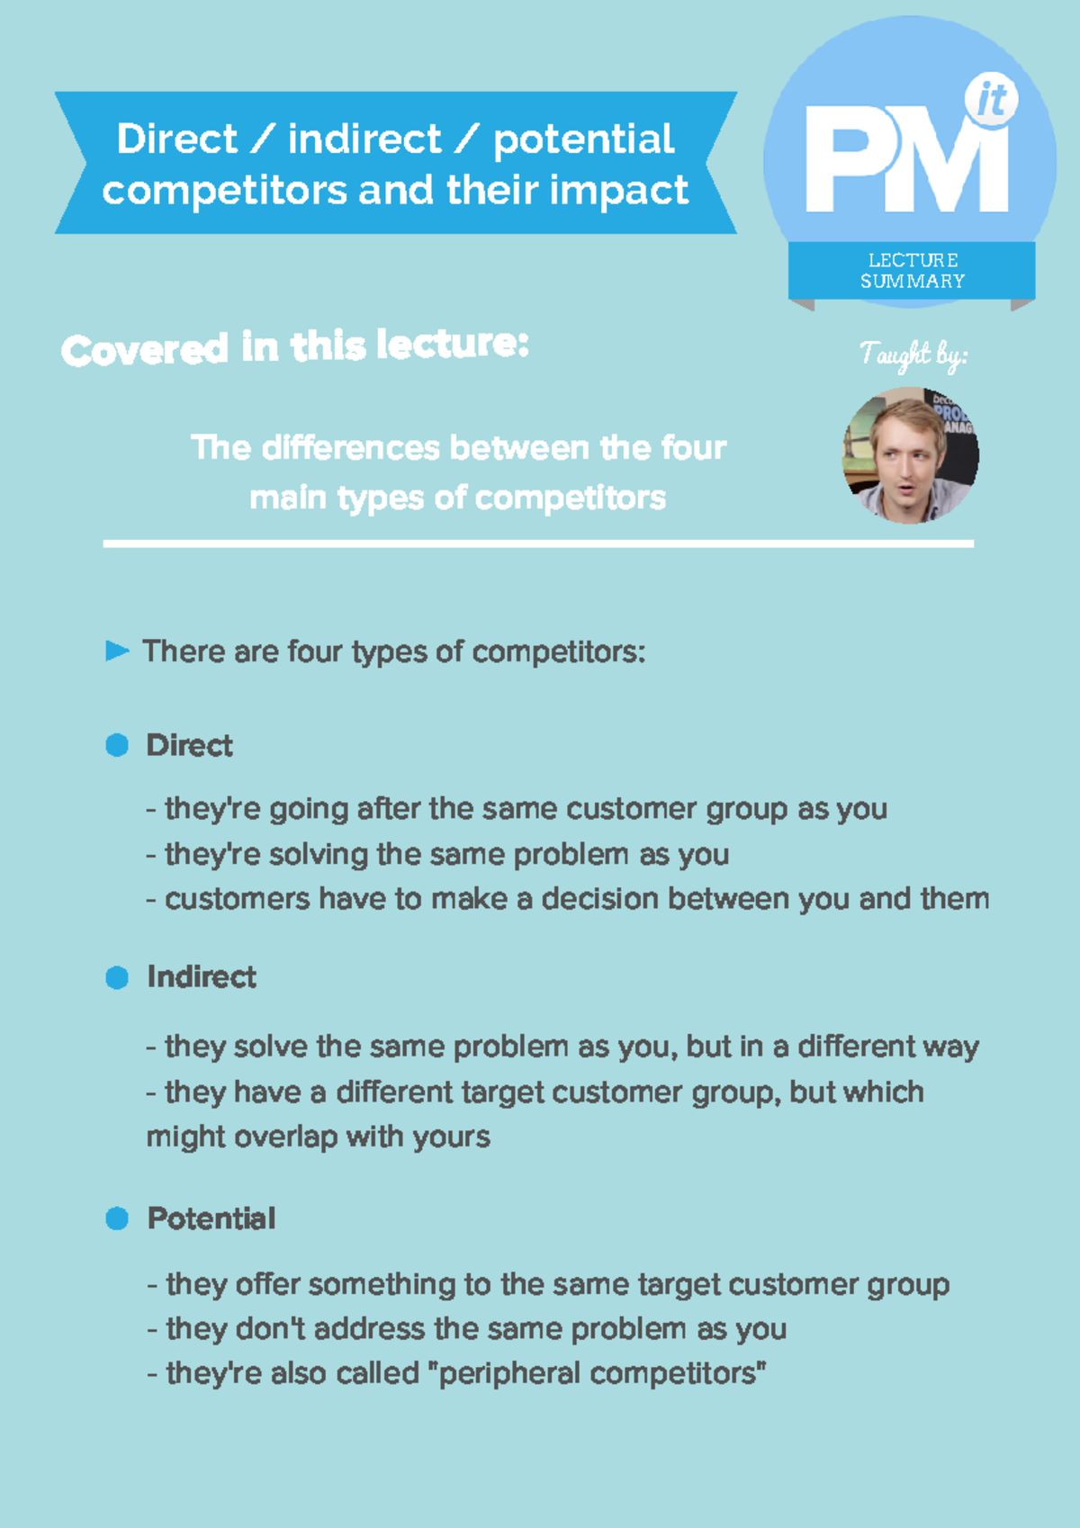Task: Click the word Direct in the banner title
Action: click(x=176, y=139)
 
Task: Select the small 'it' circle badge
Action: click(x=991, y=100)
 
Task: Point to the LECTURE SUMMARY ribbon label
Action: click(x=912, y=270)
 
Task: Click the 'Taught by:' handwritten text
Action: click(x=913, y=355)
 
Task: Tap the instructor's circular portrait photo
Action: click(x=910, y=454)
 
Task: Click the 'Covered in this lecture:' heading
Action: click(x=294, y=347)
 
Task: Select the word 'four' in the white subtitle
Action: click(x=693, y=447)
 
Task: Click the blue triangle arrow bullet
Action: click(x=117, y=651)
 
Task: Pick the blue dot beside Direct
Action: click(x=117, y=745)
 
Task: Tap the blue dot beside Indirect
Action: click(x=117, y=977)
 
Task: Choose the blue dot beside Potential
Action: click(x=117, y=1218)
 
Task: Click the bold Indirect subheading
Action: click(x=202, y=977)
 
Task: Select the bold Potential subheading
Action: click(x=211, y=1218)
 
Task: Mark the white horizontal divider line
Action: click(x=538, y=544)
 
